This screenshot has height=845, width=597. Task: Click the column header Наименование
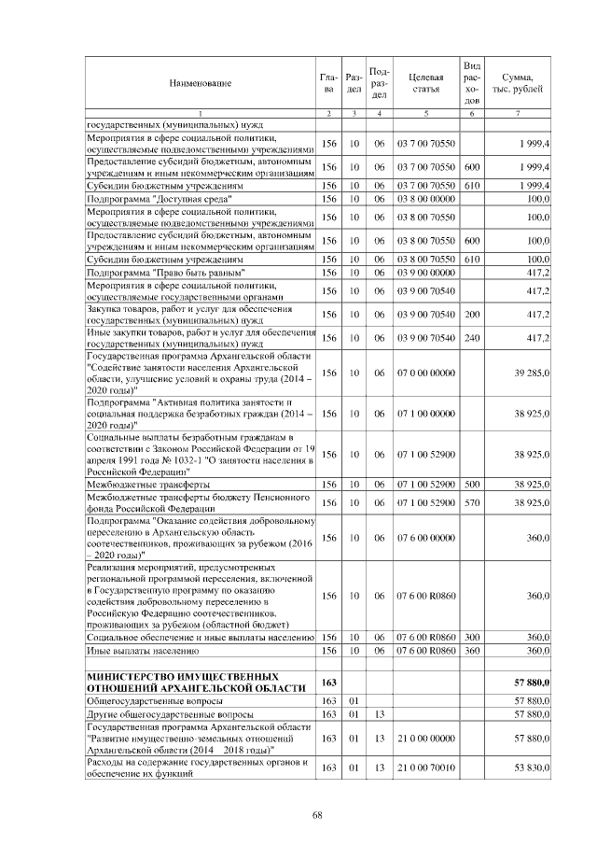[200, 84]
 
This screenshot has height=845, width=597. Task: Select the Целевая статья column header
[425, 84]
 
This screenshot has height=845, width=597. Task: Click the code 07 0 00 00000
[425, 373]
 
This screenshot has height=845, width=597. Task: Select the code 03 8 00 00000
[425, 199]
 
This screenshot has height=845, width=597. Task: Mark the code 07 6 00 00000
[425, 538]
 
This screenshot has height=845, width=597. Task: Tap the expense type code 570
[472, 502]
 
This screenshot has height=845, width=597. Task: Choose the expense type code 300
[472, 637]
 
